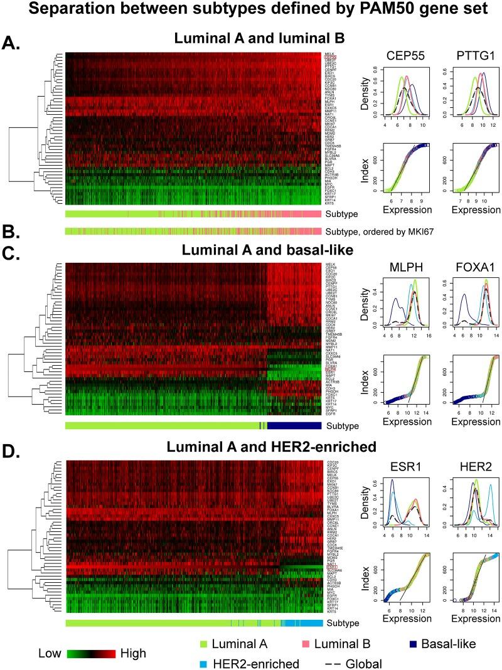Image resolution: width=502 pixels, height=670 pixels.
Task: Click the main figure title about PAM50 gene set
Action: pos(251,11)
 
